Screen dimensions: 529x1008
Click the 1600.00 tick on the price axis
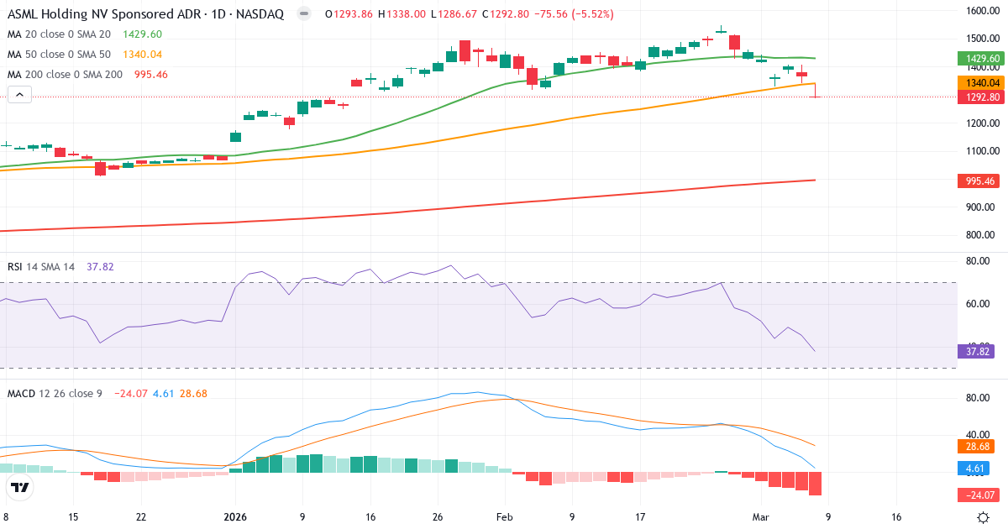pos(981,11)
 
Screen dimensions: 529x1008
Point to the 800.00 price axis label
pos(981,235)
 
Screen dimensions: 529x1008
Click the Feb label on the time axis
pos(504,517)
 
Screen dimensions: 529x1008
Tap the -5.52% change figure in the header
pos(589,14)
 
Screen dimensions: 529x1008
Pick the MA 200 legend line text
pos(65,75)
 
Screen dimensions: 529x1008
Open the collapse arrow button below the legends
pos(19,95)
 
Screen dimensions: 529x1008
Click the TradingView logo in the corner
pos(20,487)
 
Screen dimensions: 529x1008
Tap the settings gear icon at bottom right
pos(984,517)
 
